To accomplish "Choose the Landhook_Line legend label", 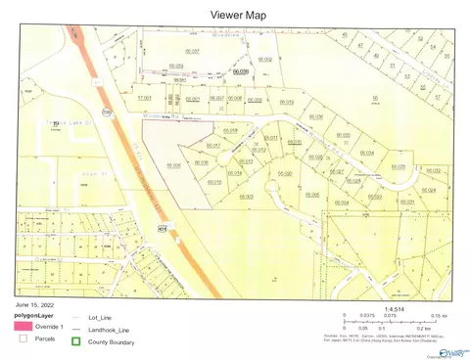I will click(x=110, y=328).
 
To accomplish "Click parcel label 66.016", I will click(x=203, y=161).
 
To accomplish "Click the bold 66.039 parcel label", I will click(x=241, y=70).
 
